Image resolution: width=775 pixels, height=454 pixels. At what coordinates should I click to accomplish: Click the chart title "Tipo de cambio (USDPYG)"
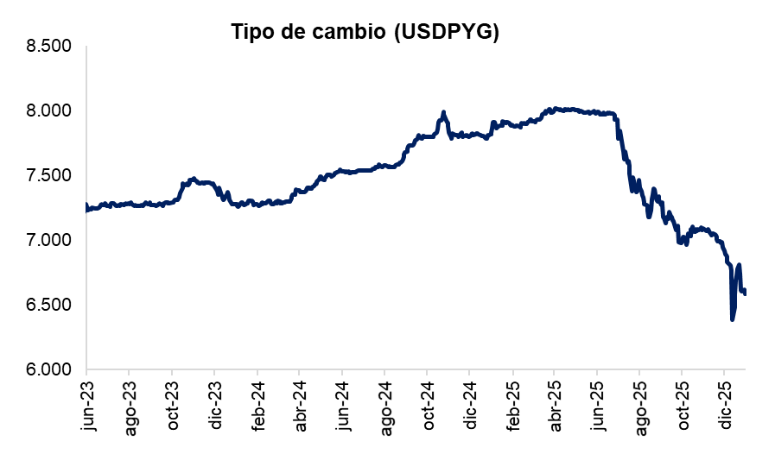365,31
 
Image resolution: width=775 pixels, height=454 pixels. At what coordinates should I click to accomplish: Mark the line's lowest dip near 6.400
733,319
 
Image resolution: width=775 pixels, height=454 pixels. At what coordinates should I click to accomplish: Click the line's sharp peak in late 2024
443,112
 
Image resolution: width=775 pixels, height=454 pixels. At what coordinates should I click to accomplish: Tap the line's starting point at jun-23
86,205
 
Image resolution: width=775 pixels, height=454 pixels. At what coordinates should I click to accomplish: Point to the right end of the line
746,293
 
